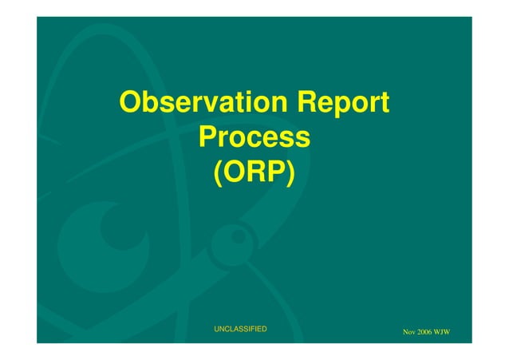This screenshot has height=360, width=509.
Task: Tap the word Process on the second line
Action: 254,137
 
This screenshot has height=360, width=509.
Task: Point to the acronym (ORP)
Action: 254,172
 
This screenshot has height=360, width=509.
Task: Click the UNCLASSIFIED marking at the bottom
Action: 240,329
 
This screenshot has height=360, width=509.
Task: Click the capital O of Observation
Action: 131,103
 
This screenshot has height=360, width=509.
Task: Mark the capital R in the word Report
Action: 308,103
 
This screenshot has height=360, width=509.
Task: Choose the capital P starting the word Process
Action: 209,137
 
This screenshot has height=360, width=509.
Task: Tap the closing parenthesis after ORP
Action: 290,172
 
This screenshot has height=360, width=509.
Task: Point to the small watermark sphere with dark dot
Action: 238,237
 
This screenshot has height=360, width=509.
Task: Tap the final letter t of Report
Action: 384,104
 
